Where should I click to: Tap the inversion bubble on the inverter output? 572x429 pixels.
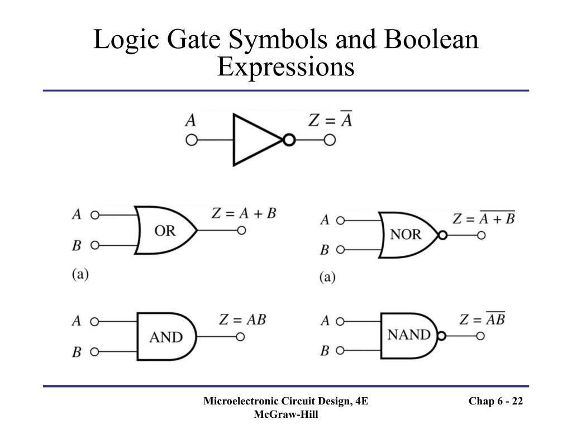click(x=288, y=140)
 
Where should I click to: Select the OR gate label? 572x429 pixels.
click(x=165, y=230)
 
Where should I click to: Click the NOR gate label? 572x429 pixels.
click(x=406, y=234)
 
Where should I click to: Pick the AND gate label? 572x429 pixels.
click(x=166, y=337)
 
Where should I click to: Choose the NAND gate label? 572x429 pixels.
click(x=409, y=335)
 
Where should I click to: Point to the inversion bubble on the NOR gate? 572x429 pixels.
click(x=442, y=235)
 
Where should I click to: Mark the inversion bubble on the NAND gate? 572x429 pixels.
click(x=441, y=336)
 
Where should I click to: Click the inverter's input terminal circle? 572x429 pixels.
click(x=192, y=140)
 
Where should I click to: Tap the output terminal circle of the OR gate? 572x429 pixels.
click(x=241, y=230)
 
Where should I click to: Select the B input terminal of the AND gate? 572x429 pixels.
click(x=94, y=352)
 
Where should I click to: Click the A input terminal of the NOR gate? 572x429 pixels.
click(x=340, y=220)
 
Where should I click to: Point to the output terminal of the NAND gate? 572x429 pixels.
click(x=480, y=336)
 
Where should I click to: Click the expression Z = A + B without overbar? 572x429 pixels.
click(x=244, y=213)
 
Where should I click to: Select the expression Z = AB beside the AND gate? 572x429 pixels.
click(x=242, y=320)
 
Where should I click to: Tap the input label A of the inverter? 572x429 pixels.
click(x=190, y=120)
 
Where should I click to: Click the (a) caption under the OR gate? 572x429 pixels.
click(x=80, y=274)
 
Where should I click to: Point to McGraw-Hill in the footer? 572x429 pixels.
click(x=285, y=414)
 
